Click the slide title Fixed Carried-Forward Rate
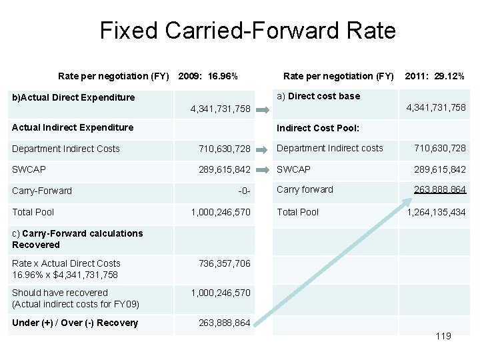tap(247, 31)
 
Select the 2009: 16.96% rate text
tap(208, 76)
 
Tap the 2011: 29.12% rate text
tap(435, 76)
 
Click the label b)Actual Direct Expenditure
tap(73, 97)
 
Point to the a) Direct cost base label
tap(318, 96)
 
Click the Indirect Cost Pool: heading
tap(318, 127)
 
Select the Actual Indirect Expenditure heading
tap(73, 127)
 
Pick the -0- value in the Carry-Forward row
tap(244, 191)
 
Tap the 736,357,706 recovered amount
tap(224, 263)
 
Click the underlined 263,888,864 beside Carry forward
tap(439, 189)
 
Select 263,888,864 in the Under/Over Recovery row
tap(224, 323)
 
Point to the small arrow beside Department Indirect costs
tap(265, 149)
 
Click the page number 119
tap(443, 336)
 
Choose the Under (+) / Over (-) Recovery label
tap(75, 323)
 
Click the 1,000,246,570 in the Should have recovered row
tap(221, 293)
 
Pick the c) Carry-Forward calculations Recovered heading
tap(77, 239)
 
